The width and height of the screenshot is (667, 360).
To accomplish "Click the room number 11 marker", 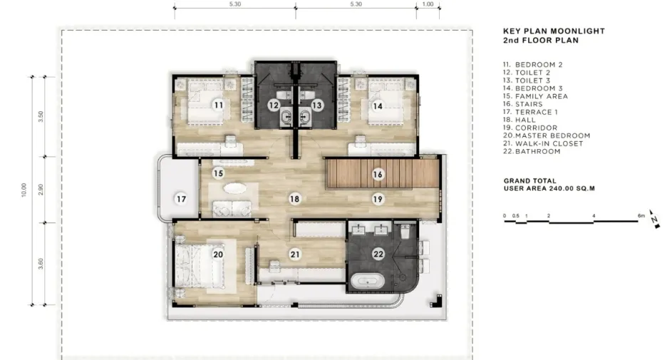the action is (218, 105).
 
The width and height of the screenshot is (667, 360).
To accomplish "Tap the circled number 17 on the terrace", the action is (181, 199).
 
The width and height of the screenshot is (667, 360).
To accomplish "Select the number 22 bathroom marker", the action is (378, 254).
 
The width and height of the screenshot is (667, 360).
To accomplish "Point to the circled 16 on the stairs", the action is (378, 174).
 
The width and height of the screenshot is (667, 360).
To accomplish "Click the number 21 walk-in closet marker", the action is (295, 254).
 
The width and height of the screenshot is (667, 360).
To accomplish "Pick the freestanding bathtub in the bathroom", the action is (368, 281).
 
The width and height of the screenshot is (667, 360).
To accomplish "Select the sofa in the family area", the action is (232, 208).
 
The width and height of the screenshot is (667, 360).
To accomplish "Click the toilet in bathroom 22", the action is (405, 231).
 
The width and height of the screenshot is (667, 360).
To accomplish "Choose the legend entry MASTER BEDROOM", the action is (552, 135).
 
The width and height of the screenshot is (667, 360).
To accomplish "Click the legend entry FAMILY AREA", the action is (542, 96).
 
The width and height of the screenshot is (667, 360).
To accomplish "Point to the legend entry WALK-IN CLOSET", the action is (549, 143).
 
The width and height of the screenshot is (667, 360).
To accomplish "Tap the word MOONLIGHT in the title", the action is (578, 31).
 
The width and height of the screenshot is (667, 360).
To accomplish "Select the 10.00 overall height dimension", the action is (24, 190).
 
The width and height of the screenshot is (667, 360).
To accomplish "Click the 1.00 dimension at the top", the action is (428, 4).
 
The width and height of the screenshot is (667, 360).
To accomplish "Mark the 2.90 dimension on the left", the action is (41, 190).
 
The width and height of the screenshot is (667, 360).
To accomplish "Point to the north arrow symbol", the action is (655, 219).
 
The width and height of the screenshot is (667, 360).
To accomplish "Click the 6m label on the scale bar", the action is (641, 216).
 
